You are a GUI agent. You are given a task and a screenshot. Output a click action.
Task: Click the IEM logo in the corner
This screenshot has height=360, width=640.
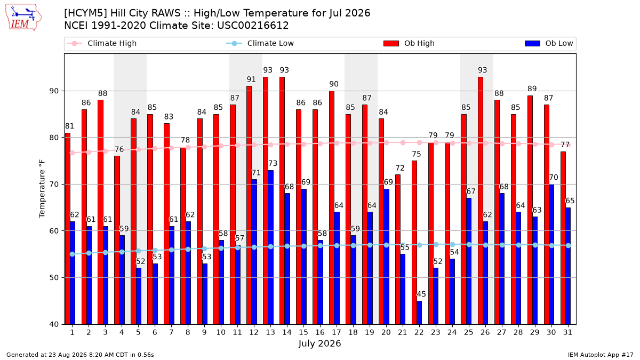coord(23,18)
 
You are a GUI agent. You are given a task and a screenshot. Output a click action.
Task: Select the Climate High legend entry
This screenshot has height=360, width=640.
coord(102,43)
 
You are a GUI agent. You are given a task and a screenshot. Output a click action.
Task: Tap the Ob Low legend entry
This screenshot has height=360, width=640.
coord(549,43)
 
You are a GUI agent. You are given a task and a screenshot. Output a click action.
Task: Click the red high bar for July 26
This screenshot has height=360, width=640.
coord(481,201)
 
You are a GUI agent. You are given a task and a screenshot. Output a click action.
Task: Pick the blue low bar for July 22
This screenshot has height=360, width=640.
coord(419,313)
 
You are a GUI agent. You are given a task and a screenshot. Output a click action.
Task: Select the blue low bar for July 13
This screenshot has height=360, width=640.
coord(270,247)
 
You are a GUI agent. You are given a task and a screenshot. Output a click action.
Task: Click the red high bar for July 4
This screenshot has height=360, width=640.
coord(117,240)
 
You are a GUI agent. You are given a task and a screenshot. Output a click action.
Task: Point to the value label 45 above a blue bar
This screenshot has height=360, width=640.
coord(421,294)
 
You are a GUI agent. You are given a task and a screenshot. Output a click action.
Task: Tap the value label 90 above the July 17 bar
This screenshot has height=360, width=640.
coord(334,84)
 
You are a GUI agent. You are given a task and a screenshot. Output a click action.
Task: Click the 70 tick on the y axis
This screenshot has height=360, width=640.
coord(54,185)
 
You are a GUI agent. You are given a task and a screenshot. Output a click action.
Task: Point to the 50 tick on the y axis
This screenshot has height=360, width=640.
coord(54,278)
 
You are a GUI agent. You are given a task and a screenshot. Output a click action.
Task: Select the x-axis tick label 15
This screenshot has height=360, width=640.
coord(303,332)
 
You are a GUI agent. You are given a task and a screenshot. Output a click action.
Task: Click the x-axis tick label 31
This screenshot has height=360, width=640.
coord(567,332)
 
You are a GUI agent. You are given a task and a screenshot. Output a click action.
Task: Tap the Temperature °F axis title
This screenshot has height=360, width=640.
coord(42,189)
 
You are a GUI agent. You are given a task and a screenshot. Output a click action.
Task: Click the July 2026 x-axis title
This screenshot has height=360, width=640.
coord(319,343)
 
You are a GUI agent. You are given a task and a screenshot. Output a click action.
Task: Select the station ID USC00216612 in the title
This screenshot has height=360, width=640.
coord(253,26)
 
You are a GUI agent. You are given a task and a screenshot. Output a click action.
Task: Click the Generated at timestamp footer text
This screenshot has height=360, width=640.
coord(80,355)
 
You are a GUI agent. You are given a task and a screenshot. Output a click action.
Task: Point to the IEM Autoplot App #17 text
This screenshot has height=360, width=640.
coord(601,355)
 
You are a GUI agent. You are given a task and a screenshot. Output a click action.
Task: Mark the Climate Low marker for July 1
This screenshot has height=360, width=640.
coord(73,254)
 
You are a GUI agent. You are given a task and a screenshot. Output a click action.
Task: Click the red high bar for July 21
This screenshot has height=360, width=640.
coord(398,250)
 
